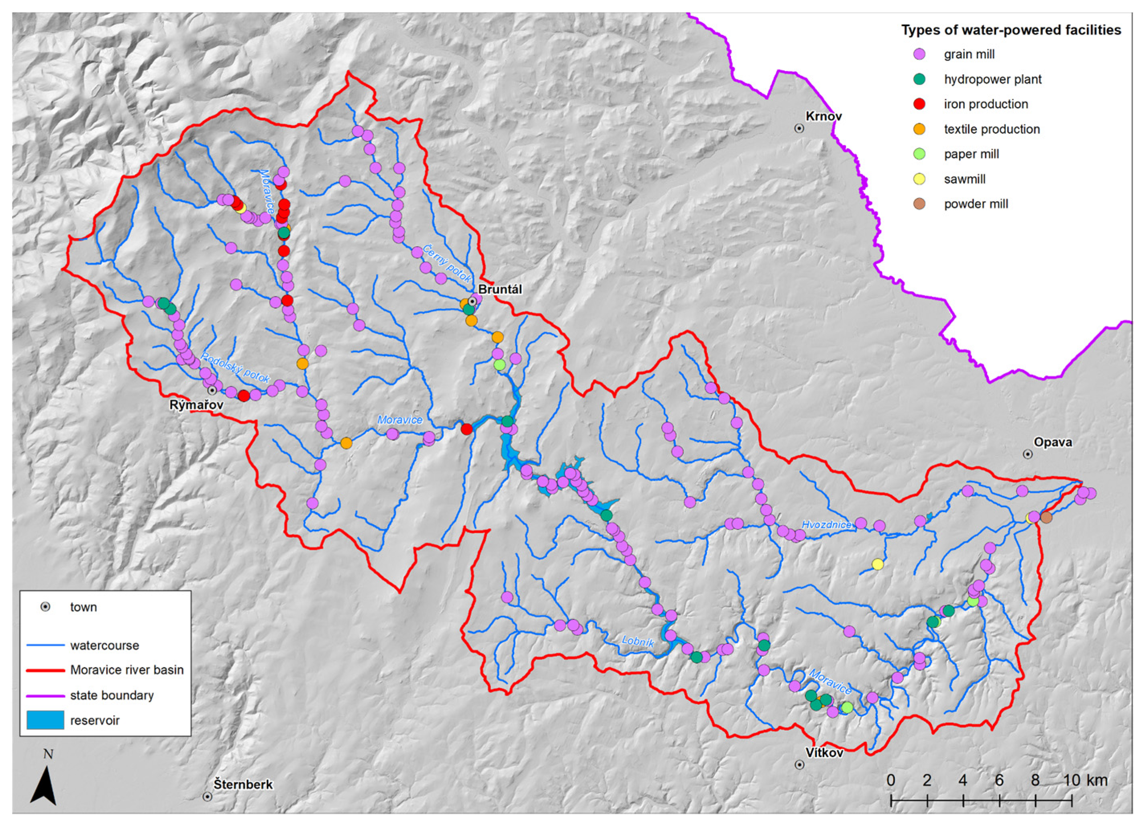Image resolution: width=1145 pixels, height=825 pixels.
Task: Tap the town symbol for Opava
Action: [x=1027, y=454]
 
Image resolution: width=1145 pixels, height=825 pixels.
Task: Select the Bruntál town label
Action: [x=499, y=289]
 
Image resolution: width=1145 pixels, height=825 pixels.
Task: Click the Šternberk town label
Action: [x=243, y=784]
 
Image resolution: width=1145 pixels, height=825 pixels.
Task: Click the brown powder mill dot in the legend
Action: [x=920, y=204]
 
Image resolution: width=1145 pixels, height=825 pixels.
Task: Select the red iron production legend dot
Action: [x=920, y=104]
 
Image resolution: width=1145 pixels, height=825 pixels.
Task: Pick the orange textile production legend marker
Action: [x=920, y=129]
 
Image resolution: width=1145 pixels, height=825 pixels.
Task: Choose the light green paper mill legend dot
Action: [x=920, y=154]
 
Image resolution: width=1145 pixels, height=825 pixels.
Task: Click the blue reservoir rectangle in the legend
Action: [x=45, y=720]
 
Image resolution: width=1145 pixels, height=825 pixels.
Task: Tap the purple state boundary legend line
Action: [x=45, y=695]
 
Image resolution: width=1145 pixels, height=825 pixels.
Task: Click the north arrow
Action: [x=43, y=785]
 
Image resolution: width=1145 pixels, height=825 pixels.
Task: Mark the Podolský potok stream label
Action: [x=235, y=368]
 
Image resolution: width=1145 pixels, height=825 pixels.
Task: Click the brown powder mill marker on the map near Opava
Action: [x=1046, y=517]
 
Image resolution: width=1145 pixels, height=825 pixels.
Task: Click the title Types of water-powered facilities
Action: [x=1011, y=30]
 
